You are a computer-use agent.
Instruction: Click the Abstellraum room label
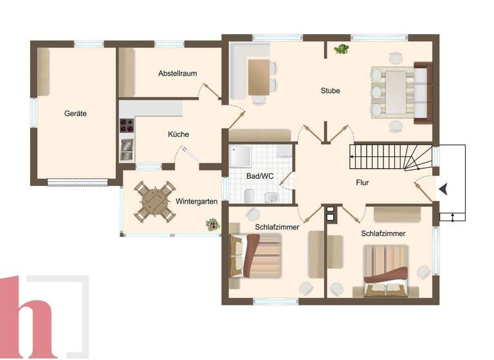(x=178, y=73)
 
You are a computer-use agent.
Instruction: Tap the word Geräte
(x=75, y=113)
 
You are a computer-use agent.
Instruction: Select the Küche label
(x=178, y=134)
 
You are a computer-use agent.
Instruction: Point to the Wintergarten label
(x=196, y=201)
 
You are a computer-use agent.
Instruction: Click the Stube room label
(x=330, y=91)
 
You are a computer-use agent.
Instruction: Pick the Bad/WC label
(x=260, y=175)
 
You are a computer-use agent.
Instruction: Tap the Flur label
(x=362, y=183)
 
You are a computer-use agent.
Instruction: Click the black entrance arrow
(x=443, y=188)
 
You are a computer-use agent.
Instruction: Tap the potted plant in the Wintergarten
(x=211, y=224)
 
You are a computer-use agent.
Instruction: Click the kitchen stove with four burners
(x=127, y=125)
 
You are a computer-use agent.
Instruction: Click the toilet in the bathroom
(x=248, y=195)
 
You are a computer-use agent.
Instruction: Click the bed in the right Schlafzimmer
(x=386, y=270)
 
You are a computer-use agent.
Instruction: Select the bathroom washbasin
(x=271, y=197)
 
